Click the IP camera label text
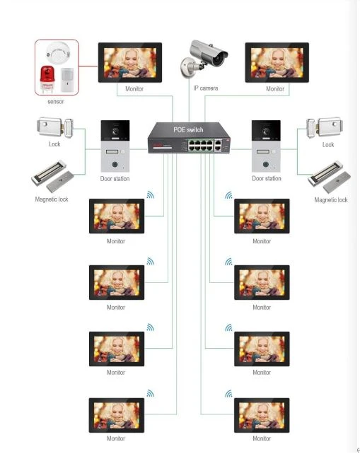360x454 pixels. pos(206,88)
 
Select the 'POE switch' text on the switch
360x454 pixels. pos(188,129)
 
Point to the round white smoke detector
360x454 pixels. pos(58,52)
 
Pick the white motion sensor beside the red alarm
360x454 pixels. pos(67,80)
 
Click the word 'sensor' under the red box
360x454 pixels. pos(56,101)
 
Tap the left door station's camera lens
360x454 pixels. pos(115,131)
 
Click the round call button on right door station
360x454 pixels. pos(266,165)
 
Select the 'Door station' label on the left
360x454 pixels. pos(115,179)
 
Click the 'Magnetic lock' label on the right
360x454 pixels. pos(331,200)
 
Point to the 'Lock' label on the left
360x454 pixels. pos(54,144)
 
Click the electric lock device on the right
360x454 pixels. pos(325,127)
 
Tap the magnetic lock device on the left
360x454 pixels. pos(53,176)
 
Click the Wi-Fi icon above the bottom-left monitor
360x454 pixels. pos(150,393)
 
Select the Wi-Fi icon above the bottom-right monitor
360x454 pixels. pos(228,394)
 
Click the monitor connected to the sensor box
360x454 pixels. pos(130,62)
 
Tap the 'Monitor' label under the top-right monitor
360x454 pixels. pos(275,88)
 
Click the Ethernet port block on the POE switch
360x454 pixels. pos(201,145)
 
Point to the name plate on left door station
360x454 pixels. pos(112,151)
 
